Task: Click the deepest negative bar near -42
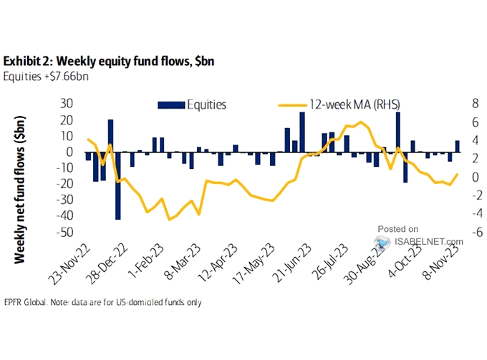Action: pos(118,185)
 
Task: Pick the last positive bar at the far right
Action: pos(458,147)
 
